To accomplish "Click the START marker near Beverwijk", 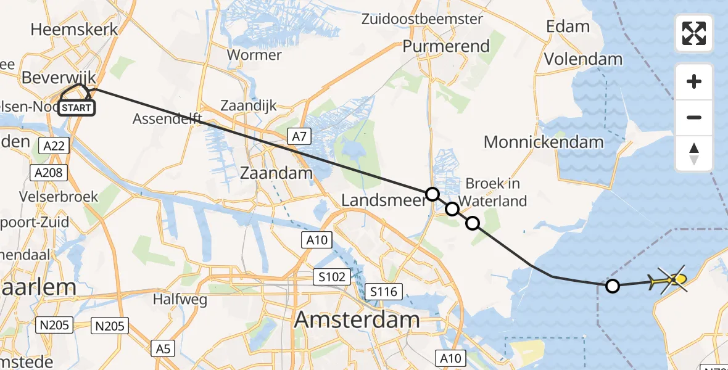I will [x=76, y=108].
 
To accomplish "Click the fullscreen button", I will [x=694, y=33].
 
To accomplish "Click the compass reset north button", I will [x=694, y=154].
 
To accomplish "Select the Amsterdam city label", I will [x=357, y=320].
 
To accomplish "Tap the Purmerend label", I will [x=446, y=46].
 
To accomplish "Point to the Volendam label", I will [x=583, y=59].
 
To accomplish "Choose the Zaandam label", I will [x=276, y=173].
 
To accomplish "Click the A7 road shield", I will [x=299, y=136].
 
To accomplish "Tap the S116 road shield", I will [x=384, y=290].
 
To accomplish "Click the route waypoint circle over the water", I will [x=613, y=286].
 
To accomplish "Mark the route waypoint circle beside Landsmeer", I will [x=432, y=194].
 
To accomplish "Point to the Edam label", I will [x=568, y=27].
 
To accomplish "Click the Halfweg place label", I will [x=180, y=300].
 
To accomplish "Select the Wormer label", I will [x=254, y=54].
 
